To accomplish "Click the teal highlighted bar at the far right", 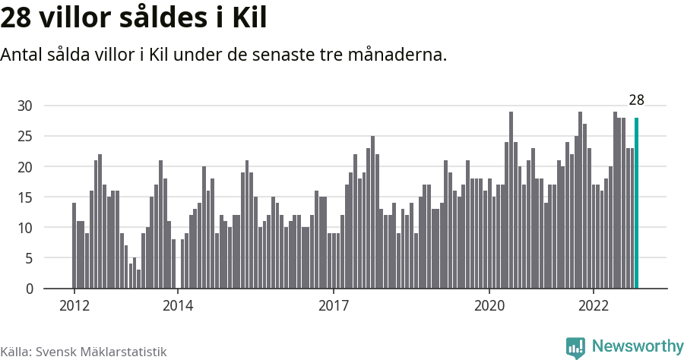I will [637, 203].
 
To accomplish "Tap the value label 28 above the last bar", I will [636, 99].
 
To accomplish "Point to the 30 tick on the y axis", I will [25, 106].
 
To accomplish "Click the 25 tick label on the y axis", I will [25, 136].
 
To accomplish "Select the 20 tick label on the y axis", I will [25, 166].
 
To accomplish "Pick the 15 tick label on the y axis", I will [25, 197].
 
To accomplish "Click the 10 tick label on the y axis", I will [25, 227].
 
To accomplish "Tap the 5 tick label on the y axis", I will [29, 258].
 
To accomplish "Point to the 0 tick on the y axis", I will [29, 289].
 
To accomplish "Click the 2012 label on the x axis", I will [74, 306].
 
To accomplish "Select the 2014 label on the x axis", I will [178, 306].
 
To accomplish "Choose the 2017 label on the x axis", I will [334, 306].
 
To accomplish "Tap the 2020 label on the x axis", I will [489, 306].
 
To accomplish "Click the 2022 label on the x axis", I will [593, 306].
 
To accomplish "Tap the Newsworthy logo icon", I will [575, 347].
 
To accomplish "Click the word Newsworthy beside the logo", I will [637, 346].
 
